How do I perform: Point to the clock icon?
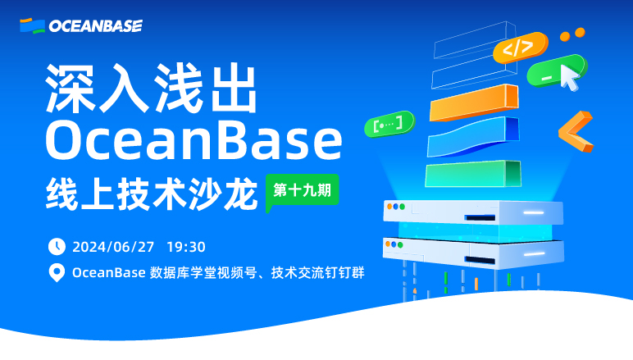[x=57, y=246]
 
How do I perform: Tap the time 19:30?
[x=186, y=246]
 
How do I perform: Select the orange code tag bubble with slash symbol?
[x=518, y=48]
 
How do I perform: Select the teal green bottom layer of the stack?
[x=471, y=172]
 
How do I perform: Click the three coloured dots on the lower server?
[x=397, y=244]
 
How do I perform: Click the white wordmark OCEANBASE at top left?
[x=95, y=26]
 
